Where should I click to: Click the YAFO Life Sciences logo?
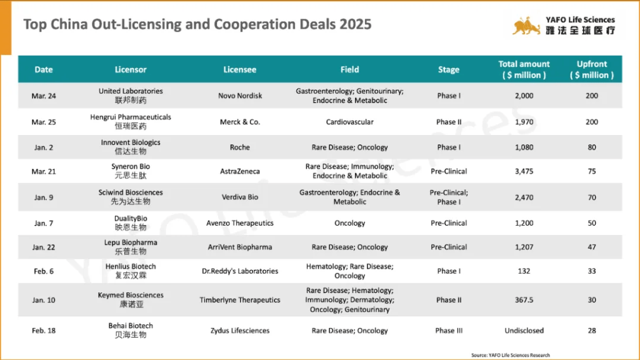[563, 26]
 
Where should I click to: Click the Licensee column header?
[239, 70]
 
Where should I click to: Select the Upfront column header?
[591, 69]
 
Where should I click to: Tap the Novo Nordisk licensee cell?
[240, 96]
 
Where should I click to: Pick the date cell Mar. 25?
[44, 122]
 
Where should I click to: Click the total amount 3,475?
[524, 171]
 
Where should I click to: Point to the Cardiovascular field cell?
[349, 122]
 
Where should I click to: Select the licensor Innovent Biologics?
[131, 147]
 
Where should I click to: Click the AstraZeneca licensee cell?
[239, 171]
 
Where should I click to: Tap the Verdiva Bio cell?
[239, 197]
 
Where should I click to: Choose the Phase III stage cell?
[448, 331]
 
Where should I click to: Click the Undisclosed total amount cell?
[524, 331]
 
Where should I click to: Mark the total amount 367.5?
[524, 300]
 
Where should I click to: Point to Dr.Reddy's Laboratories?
[239, 271]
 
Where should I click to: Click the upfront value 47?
[591, 247]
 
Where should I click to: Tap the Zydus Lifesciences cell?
[239, 331]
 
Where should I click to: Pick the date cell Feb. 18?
[44, 331]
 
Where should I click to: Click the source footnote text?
[511, 355]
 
